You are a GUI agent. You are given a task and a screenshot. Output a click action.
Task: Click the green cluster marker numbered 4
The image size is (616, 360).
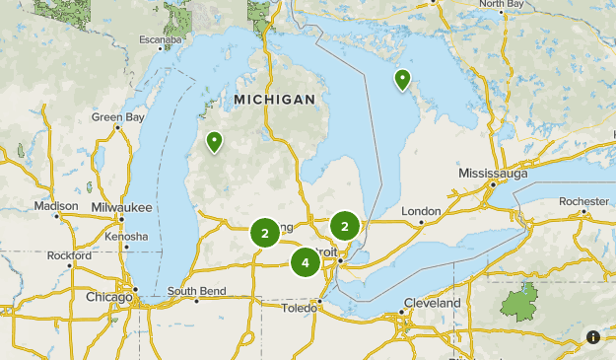coord(306,262)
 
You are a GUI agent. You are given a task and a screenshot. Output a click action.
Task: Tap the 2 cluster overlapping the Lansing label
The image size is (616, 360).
coord(264,233)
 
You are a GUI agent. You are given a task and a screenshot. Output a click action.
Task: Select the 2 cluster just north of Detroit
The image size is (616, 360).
coord(345,227)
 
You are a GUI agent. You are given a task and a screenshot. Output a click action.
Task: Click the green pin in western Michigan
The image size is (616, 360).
coord(214,144)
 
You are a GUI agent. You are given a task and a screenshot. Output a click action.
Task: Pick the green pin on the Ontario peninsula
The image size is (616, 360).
coord(402,80)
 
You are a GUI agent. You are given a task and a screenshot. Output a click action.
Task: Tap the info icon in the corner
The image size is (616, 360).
coord(593,337)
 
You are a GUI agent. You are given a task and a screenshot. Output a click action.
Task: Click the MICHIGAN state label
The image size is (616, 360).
coord(275,100)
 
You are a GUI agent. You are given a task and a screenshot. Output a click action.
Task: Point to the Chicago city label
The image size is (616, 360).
coord(108,297)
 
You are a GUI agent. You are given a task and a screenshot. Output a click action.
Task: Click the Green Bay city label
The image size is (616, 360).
coord(118,116)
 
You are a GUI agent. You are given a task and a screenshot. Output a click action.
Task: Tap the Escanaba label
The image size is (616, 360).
coord(160,40)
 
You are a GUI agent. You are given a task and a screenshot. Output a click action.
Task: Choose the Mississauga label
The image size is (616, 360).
coord(493,174)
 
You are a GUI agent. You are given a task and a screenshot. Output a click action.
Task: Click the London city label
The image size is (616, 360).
coord(421,211)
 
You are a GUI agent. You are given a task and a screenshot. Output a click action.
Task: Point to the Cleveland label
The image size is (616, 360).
coord(432,303)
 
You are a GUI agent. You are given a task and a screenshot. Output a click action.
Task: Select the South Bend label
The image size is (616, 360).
coord(196,291)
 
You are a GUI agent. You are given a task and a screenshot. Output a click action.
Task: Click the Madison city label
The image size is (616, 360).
coord(55,206)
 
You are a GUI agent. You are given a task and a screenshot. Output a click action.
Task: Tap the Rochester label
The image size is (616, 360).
coord(583,201)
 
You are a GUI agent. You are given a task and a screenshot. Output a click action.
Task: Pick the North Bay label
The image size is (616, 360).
coord(502,4)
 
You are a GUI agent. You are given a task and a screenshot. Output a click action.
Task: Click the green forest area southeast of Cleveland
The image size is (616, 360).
coord(520,300)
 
